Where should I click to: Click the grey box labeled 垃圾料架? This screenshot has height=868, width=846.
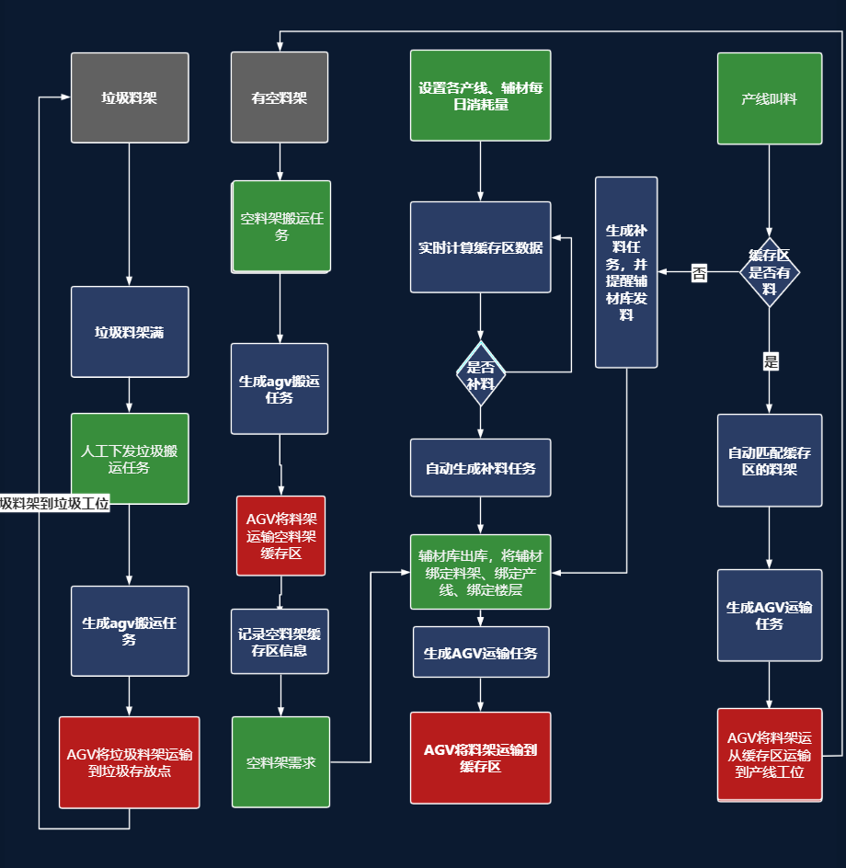point(130,97)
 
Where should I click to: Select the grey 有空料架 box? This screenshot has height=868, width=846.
point(280,97)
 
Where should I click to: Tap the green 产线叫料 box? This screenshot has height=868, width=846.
point(769,98)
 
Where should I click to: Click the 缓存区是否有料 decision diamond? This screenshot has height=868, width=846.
point(770,272)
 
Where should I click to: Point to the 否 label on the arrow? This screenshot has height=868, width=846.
point(700,272)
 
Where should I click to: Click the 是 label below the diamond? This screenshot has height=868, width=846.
point(771,361)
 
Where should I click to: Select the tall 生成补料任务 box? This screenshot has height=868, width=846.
point(626,272)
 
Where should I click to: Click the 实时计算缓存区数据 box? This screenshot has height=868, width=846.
point(480,247)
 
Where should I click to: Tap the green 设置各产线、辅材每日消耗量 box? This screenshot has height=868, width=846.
point(480,96)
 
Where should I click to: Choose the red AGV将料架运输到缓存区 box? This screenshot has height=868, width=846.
point(480,758)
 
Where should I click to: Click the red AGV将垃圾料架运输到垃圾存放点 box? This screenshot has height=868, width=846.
point(130,762)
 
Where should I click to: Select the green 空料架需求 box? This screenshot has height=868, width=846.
point(280,762)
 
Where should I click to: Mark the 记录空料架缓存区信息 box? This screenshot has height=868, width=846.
point(280,641)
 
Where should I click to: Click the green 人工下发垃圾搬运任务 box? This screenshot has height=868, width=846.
point(130,459)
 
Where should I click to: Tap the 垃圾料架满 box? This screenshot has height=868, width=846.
point(130,332)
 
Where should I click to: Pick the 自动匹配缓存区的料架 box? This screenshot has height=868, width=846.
point(769,461)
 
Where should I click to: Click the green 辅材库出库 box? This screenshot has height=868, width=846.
point(480,572)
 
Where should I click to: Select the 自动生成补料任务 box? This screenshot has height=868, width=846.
point(480,468)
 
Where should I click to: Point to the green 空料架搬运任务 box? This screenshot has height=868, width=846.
point(281,226)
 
